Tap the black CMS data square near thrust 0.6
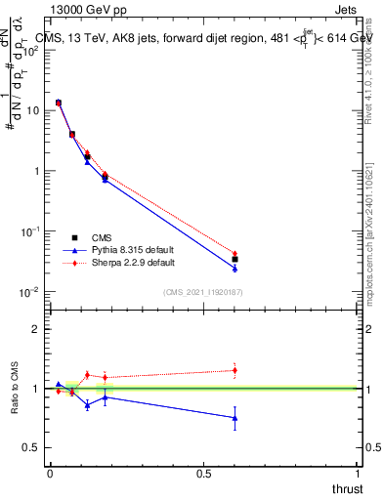(x=235, y=260)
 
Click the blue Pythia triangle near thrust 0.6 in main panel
(x=235, y=268)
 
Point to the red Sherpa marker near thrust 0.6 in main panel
(x=235, y=254)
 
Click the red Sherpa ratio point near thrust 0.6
(x=235, y=369)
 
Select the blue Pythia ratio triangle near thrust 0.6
(x=235, y=418)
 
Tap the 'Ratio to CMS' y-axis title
(x=16, y=389)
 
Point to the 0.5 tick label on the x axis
(x=203, y=474)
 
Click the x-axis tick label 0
(x=50, y=474)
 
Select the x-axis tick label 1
(x=358, y=474)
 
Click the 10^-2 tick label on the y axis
(x=31, y=292)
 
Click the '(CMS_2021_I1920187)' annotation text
(x=203, y=291)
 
